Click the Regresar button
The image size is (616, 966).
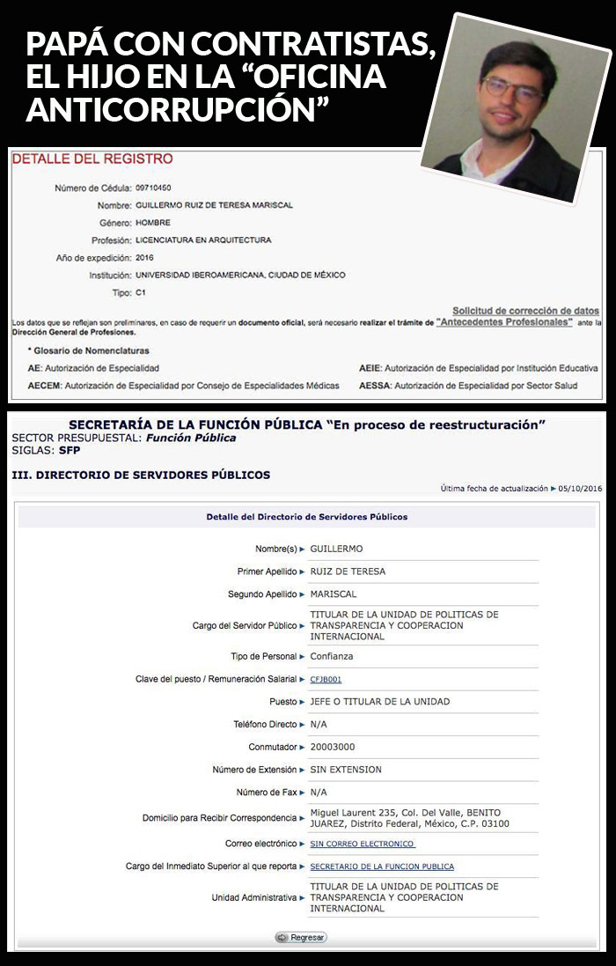click(301, 937)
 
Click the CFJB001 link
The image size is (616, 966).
click(326, 679)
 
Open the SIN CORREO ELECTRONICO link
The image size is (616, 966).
click(362, 844)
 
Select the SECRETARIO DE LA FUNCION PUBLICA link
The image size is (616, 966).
click(382, 866)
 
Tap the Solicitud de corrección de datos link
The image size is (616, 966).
click(525, 311)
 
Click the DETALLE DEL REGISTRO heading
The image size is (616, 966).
click(92, 159)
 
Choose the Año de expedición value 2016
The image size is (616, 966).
click(145, 257)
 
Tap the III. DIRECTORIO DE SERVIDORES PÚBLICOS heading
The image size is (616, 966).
click(141, 475)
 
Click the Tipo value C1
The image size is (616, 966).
click(141, 291)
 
